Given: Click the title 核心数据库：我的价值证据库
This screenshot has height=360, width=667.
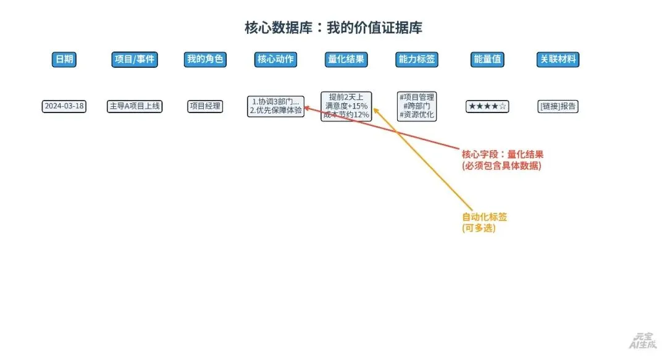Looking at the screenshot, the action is [x=333, y=28].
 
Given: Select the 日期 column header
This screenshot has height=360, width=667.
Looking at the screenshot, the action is [x=64, y=59].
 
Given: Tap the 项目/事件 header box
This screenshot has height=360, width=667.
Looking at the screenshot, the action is [x=135, y=59].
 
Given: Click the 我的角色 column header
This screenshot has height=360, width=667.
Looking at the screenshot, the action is [x=205, y=59].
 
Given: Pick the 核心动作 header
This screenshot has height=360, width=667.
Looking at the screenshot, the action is [x=275, y=59].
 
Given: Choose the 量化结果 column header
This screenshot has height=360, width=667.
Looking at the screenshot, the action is [x=346, y=59].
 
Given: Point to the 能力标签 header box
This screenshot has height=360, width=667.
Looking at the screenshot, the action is [x=417, y=59].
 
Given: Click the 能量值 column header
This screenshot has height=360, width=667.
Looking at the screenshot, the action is [x=487, y=59].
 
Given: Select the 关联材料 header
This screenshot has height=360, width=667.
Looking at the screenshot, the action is [x=558, y=59].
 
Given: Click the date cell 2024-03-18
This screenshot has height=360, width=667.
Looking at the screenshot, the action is [x=64, y=106].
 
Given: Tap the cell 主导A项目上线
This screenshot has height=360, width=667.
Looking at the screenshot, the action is [x=135, y=106].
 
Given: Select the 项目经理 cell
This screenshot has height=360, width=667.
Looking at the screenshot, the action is [x=205, y=106].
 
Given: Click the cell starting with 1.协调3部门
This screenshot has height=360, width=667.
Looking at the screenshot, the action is [x=275, y=106].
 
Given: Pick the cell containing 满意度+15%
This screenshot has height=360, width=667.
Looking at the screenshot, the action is [x=346, y=106].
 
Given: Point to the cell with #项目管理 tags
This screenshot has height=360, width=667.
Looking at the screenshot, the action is [x=417, y=106].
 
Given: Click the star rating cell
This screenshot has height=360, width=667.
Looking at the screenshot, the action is [x=487, y=106].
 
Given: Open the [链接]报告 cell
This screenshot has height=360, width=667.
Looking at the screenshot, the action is [x=558, y=106].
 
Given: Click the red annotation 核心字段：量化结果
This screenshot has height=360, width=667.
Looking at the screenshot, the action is [x=502, y=160].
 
